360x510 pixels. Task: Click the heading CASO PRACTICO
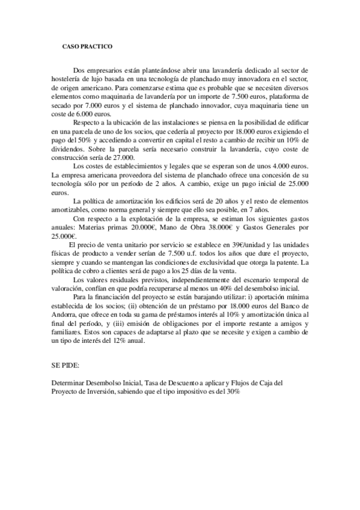[88, 46]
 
